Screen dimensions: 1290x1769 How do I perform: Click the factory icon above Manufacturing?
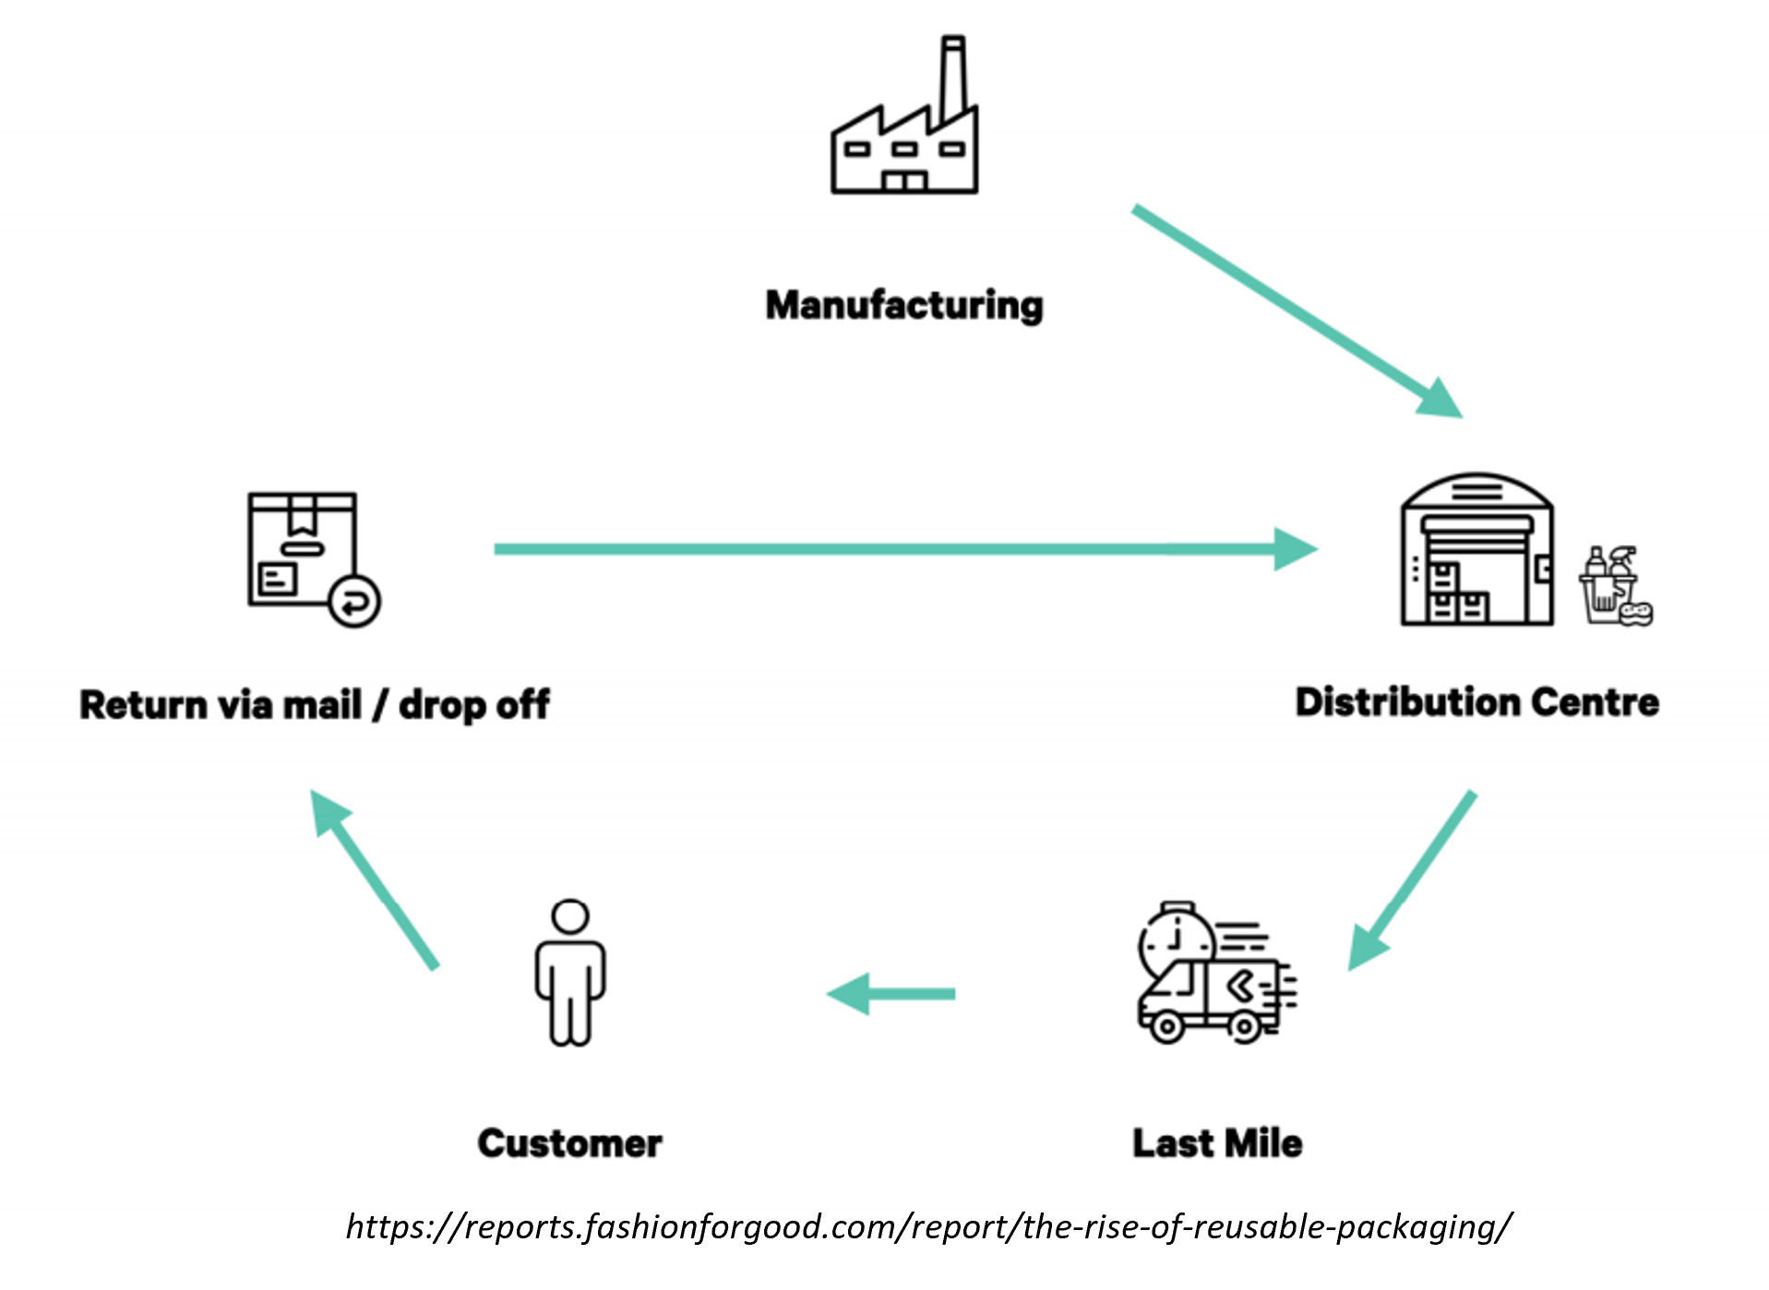pyautogui.click(x=903, y=138)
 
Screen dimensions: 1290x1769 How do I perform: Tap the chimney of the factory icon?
pyautogui.click(x=952, y=78)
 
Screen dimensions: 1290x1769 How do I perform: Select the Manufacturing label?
pyautogui.click(x=903, y=305)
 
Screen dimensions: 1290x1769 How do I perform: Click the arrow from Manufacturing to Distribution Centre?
pyautogui.click(x=1292, y=309)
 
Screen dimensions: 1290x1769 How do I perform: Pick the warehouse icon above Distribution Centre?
pyautogui.click(x=1476, y=554)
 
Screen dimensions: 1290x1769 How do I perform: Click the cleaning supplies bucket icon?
pyautogui.click(x=1612, y=588)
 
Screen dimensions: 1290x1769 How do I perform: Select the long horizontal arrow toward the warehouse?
pyautogui.click(x=904, y=549)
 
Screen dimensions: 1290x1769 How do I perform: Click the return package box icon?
pyautogui.click(x=303, y=549)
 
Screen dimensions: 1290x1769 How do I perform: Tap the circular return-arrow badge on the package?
pyautogui.click(x=354, y=602)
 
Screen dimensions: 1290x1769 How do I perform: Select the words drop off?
pyautogui.click(x=474, y=705)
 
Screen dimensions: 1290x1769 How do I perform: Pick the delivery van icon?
pyautogui.click(x=1209, y=1001)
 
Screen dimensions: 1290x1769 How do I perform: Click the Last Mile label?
pyautogui.click(x=1217, y=1143)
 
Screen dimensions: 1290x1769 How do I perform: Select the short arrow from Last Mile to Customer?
pyautogui.click(x=891, y=994)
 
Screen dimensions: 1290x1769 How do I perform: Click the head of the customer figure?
pyautogui.click(x=569, y=917)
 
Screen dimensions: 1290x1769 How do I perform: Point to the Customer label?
pyautogui.click(x=569, y=1143)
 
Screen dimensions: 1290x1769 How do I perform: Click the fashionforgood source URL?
pyautogui.click(x=927, y=1227)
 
